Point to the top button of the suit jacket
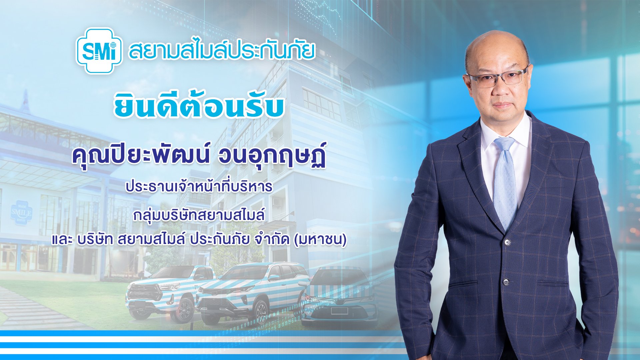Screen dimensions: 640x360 507,241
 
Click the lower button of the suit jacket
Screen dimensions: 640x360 506,282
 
